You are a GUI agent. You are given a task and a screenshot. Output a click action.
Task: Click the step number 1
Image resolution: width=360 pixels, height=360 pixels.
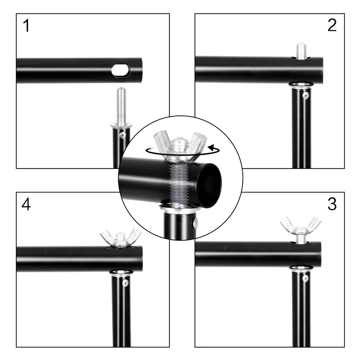point(27,26)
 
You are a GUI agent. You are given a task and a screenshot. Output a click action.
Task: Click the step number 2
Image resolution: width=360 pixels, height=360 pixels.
point(332,25)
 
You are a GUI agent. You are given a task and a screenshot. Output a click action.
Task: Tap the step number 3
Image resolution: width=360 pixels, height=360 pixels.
point(332,204)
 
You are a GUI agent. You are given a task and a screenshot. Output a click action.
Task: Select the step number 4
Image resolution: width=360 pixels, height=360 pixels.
point(26,204)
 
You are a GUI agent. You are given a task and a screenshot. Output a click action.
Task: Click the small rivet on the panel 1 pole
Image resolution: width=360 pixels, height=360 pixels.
point(122,135)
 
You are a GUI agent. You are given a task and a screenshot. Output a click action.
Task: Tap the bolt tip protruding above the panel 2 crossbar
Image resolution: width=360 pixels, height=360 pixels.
point(301,51)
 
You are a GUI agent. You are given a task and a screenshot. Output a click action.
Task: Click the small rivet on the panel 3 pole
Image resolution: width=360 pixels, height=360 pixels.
point(305,278)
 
